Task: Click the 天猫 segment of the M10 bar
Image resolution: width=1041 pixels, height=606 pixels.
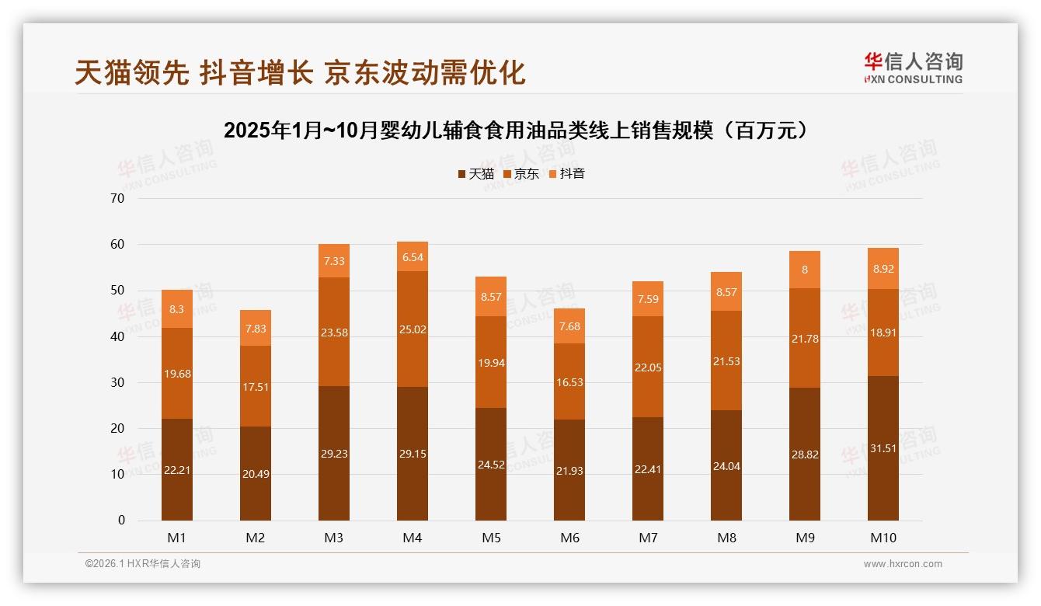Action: coord(883,448)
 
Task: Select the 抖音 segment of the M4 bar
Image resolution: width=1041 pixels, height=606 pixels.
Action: coord(412,256)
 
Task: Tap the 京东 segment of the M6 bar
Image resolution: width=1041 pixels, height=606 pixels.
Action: coord(569,381)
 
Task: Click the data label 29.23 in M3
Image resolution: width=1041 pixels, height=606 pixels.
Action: coord(334,454)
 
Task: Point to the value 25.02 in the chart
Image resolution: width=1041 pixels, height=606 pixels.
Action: coord(412,329)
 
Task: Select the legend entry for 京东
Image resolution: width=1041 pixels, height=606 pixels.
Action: coord(521,174)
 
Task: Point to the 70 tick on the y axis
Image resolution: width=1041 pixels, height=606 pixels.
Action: coord(117,198)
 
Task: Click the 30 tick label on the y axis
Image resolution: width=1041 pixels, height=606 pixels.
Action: coord(117,382)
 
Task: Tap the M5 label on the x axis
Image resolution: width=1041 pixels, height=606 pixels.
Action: coord(491,538)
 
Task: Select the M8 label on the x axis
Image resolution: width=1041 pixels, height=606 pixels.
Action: coord(726,538)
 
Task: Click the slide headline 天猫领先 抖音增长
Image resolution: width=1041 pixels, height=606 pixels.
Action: coord(300,72)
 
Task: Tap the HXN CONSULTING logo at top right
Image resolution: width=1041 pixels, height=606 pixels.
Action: coord(913,68)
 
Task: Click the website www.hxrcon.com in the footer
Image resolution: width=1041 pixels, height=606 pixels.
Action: coord(903,564)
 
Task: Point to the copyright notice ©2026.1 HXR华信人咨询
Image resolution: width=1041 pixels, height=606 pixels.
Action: coord(143,564)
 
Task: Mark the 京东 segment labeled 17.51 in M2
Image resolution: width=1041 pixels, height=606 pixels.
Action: coord(256,386)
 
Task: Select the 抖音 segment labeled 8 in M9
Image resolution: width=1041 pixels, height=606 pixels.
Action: coord(804,270)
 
